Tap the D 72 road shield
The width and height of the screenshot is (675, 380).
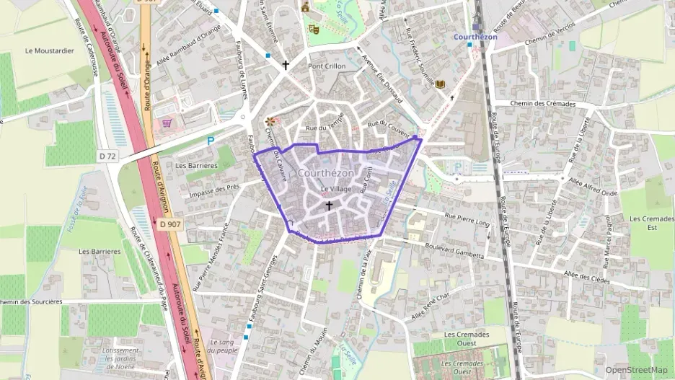click(x=107, y=156)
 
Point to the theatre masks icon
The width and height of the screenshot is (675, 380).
click(x=313, y=29)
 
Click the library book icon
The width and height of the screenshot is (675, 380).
click(x=440, y=84)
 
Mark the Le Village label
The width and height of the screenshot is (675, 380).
click(x=336, y=189)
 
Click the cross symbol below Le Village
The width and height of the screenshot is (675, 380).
click(x=329, y=206)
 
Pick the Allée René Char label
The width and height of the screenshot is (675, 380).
click(x=429, y=306)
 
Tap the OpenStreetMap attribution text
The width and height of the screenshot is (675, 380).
click(x=636, y=370)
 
